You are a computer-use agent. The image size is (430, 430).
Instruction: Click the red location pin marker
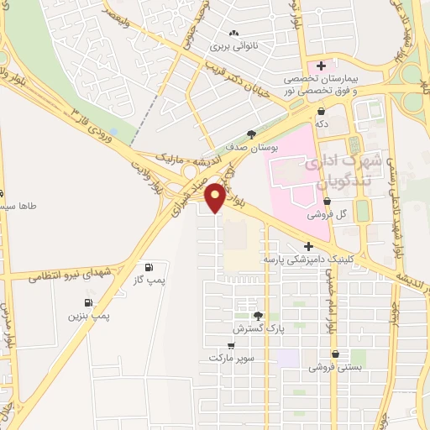click(215, 197)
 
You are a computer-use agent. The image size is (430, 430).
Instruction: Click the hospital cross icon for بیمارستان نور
click(320, 66)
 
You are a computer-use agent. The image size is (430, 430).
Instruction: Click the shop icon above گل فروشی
click(328, 202)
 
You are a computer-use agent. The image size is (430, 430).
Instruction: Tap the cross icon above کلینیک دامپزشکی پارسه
click(309, 247)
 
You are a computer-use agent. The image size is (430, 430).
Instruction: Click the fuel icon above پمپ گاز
click(149, 268)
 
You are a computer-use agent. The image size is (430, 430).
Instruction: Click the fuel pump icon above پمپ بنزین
click(87, 302)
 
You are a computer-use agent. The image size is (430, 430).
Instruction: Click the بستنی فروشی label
click(330, 367)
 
